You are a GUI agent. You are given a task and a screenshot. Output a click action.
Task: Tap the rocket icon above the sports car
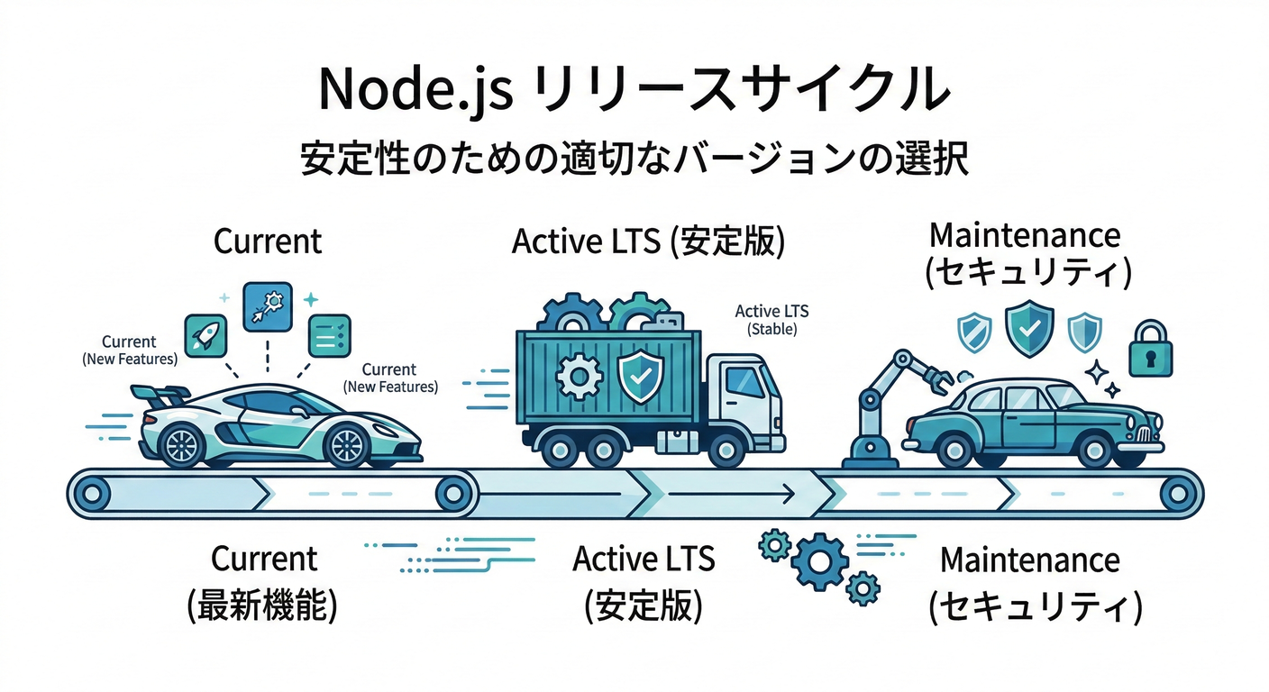pyautogui.click(x=205, y=336)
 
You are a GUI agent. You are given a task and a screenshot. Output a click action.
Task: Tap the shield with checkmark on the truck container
pyautogui.click(x=641, y=376)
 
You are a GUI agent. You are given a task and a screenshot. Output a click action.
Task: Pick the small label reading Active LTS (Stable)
pyautogui.click(x=771, y=320)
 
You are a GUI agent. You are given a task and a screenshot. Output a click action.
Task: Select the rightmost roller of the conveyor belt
pyautogui.click(x=1175, y=494)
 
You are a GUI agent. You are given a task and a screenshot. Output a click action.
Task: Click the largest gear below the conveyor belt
pyautogui.click(x=819, y=562)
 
